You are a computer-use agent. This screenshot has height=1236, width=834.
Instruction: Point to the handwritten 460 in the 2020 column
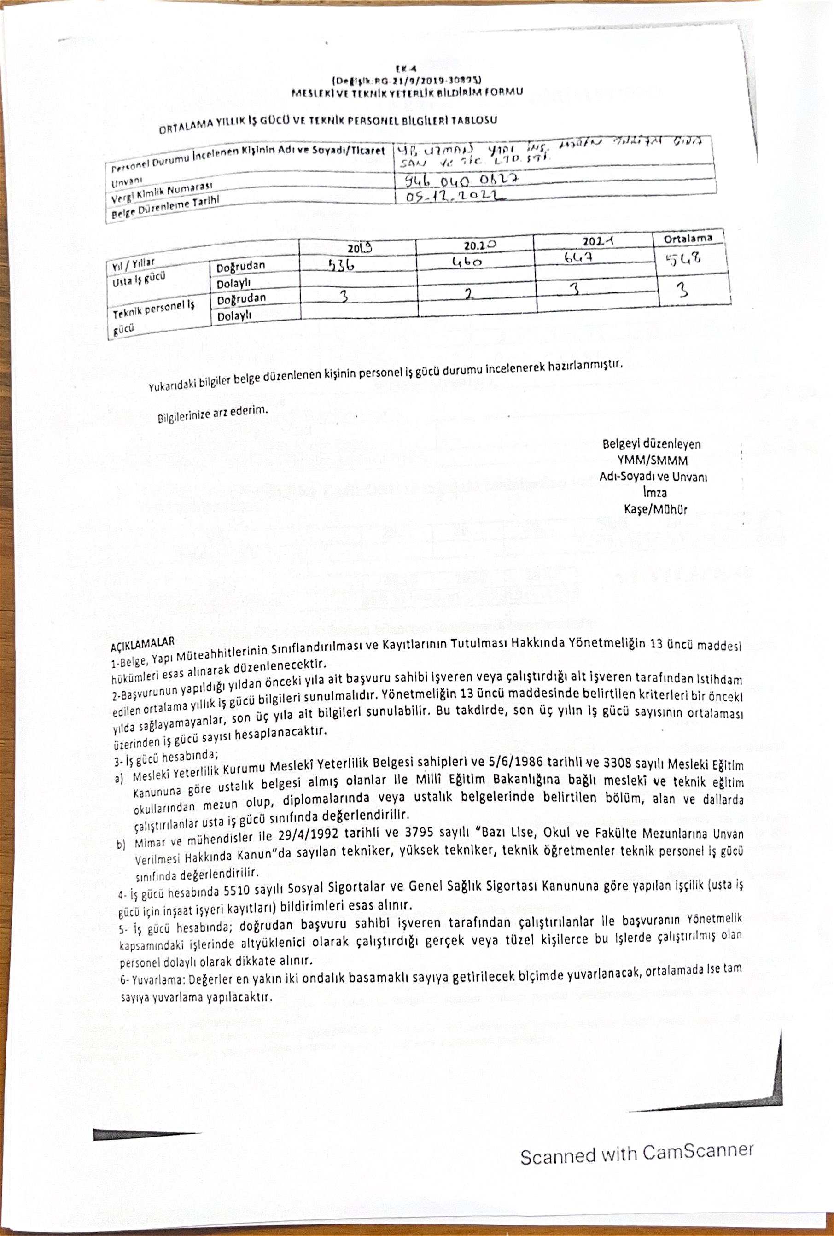[467, 262]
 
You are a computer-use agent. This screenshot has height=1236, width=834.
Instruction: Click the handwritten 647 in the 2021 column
[579, 258]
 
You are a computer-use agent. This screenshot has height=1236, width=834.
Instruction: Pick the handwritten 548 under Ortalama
[683, 259]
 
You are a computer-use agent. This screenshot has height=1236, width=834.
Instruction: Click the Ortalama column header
[688, 238]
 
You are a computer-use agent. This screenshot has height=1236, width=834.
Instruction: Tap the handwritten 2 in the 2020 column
[468, 294]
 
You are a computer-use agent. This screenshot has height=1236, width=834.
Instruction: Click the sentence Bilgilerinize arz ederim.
[213, 413]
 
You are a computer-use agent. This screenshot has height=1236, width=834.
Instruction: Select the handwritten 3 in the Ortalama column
[682, 291]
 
